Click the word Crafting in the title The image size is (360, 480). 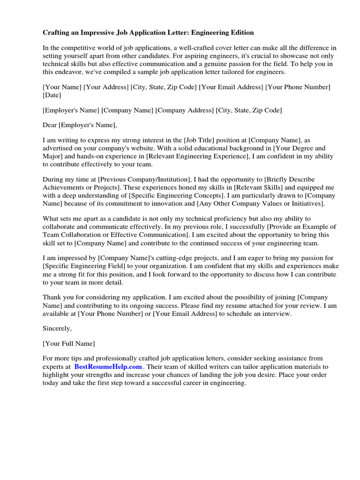(57, 33)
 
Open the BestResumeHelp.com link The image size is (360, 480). (108, 367)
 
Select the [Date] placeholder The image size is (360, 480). (52, 95)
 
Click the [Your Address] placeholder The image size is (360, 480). (106, 87)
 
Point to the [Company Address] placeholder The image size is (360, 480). (185, 110)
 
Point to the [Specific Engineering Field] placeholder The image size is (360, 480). (80, 266)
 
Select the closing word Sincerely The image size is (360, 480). (57, 329)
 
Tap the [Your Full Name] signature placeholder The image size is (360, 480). (68, 344)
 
